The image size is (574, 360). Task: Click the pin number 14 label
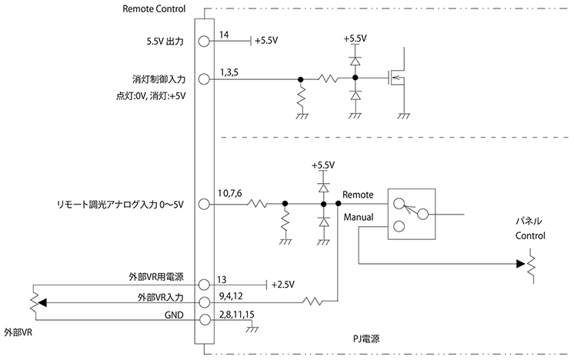click(224, 35)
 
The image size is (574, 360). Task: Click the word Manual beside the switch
click(358, 218)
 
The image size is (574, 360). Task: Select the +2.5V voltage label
click(284, 285)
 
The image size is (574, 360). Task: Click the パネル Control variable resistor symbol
click(529, 265)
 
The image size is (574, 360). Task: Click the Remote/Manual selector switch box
click(411, 215)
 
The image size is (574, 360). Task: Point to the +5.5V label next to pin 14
click(266, 42)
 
